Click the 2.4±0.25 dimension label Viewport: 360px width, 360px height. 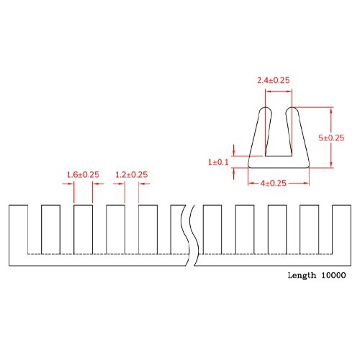pos(274,81)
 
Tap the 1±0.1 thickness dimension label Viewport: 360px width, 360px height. pos(218,163)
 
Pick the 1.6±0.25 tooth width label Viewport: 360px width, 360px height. pos(83,174)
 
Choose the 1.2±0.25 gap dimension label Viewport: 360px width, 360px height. pos(131,174)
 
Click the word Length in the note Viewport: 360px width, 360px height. pos(302,275)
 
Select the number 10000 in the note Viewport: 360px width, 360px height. pos(334,275)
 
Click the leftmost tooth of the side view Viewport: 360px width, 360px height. pos(18,229)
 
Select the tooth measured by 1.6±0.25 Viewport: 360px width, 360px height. pos(83,229)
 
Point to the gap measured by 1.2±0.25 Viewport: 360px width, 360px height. pos(130,229)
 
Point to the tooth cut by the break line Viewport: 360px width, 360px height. pos(179,229)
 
